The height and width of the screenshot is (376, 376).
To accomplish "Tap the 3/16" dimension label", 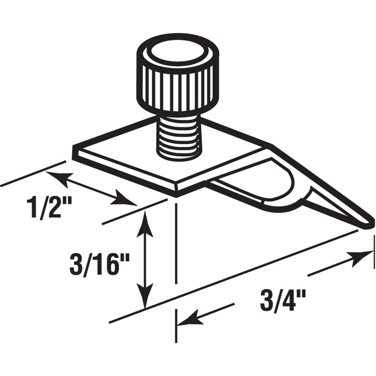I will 99,266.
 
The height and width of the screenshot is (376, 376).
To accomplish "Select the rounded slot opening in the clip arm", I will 263,183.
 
